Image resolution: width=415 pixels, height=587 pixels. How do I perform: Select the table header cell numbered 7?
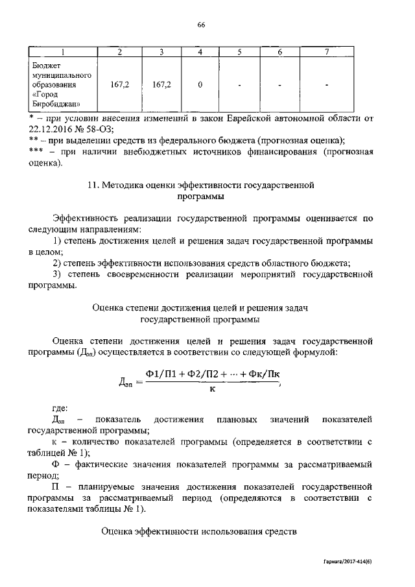coord(327,52)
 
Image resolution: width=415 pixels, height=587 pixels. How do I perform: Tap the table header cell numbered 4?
coord(200,52)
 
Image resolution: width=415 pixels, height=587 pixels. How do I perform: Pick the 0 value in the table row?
coord(200,85)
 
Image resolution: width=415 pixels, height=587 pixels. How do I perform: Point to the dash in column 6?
coord(279,85)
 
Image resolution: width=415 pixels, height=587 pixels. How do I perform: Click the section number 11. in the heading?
coord(93,185)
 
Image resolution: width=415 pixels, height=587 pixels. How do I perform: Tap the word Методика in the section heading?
coord(123,185)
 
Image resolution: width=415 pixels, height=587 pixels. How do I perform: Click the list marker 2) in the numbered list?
coord(57,263)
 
